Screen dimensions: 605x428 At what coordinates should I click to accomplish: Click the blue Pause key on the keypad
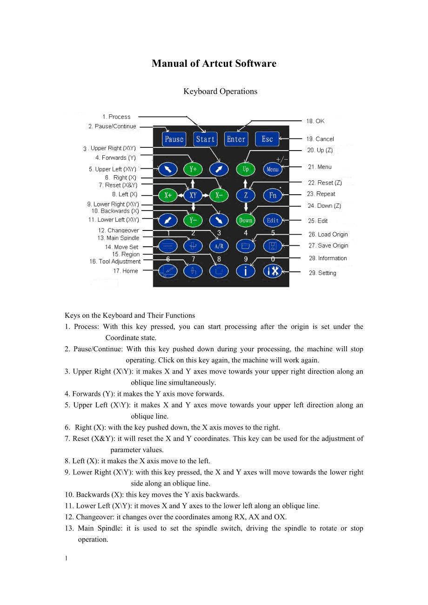tap(174, 139)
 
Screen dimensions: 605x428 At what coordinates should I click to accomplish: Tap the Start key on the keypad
tap(205, 139)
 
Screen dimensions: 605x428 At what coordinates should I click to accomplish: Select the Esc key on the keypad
tap(267, 139)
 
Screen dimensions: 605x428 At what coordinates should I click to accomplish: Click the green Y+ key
tap(193, 169)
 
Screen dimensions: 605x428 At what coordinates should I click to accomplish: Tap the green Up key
tap(246, 169)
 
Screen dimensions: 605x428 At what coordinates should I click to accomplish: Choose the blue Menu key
tap(273, 169)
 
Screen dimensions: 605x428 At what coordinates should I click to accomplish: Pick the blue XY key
tap(193, 195)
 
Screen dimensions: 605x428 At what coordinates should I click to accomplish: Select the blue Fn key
tap(273, 195)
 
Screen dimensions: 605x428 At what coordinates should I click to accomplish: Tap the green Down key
tap(246, 220)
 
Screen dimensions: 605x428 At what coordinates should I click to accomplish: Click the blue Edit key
tap(273, 220)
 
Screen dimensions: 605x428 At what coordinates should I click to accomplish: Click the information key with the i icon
tap(246, 270)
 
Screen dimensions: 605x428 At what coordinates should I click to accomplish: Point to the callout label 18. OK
tap(315, 121)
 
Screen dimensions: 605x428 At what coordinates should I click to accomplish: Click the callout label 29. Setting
tap(322, 273)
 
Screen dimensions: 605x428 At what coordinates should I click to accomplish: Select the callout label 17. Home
tap(126, 271)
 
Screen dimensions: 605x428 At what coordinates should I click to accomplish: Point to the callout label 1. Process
tap(117, 117)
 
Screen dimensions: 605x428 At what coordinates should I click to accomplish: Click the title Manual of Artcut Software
tap(214, 64)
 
